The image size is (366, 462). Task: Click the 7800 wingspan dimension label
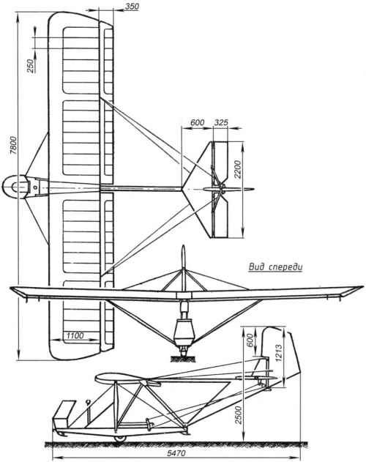point(14,146)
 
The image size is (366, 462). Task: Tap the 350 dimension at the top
point(132,7)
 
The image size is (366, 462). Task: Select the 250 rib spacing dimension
point(30,66)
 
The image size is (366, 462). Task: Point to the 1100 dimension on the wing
point(75,335)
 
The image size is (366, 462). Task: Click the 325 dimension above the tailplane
point(221,122)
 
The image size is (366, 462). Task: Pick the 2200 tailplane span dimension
point(237,169)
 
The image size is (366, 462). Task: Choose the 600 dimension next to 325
point(197,122)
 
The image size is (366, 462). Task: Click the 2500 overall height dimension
point(238,414)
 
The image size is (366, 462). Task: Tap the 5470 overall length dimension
point(176,453)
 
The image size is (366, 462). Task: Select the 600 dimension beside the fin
point(250,340)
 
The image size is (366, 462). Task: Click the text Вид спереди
point(275,267)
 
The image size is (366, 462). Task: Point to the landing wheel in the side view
point(120,439)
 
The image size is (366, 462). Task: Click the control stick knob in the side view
point(88,401)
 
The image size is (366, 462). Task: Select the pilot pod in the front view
point(184,332)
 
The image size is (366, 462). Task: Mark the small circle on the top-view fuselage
point(35,187)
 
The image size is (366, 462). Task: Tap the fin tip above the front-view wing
point(183,247)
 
